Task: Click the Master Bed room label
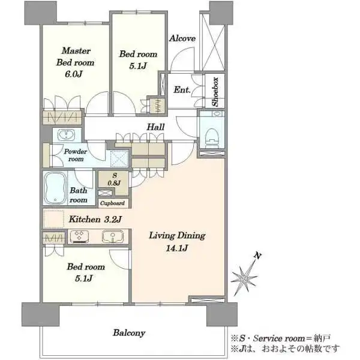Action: point(76,56)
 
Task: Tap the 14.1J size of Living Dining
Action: point(177,248)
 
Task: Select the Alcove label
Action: point(182,38)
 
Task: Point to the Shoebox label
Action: point(215,91)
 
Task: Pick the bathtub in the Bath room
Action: point(55,188)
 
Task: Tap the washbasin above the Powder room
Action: point(67,134)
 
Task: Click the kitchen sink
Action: point(113,236)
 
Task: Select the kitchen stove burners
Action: point(79,236)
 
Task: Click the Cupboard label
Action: point(113,203)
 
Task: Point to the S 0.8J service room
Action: point(115,179)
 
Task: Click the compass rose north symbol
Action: point(244,279)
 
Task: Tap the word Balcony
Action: point(129,333)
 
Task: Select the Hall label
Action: point(155,127)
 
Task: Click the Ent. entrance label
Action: point(182,90)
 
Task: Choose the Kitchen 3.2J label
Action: point(95,219)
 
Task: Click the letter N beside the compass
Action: point(258,256)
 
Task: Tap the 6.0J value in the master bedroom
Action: point(74,74)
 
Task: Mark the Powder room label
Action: point(76,155)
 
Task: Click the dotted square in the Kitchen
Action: point(54,219)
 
